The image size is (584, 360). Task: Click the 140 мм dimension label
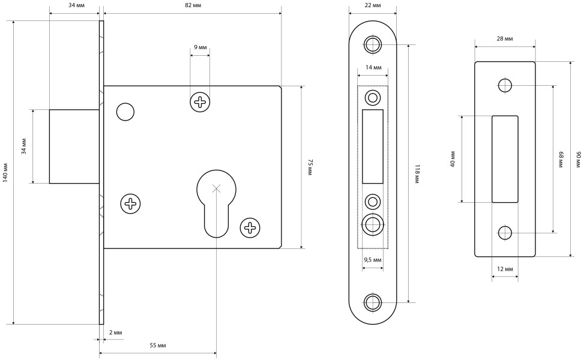pos(5,172)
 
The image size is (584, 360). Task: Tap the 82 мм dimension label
pos(193,5)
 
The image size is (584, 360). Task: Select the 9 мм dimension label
pos(200,47)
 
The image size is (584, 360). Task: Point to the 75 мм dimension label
pos(310,167)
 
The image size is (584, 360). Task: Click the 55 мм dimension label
pos(157,346)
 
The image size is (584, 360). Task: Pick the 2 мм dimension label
pos(116,332)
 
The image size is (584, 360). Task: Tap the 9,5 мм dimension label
pos(373,260)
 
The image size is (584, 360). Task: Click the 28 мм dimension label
pos(505,39)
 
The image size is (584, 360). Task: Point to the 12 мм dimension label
pos(505,269)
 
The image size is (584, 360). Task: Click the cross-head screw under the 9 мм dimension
pos(200,102)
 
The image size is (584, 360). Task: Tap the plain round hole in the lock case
pos(125,112)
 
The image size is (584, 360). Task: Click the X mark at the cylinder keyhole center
pos(216,188)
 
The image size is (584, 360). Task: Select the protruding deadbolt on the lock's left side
pos(74,146)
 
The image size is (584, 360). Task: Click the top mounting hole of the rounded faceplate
pos(373,44)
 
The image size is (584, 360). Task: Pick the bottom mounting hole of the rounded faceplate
pos(373,302)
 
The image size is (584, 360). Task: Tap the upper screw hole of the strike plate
pos(505,85)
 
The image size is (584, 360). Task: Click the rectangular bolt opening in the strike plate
pos(505,158)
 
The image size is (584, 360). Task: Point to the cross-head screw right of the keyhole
pos(250,227)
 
